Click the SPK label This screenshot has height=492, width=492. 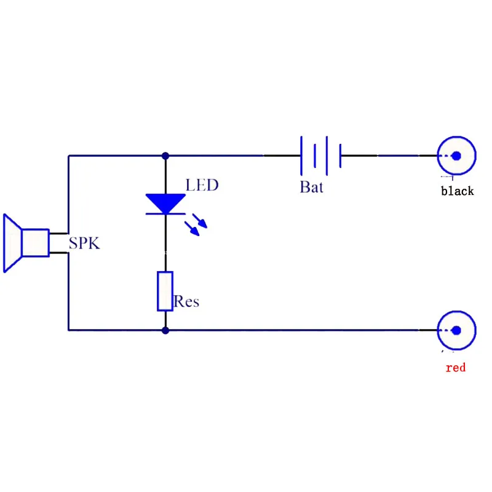[x=84, y=243]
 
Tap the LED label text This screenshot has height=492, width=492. [x=202, y=185]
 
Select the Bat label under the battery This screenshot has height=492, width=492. [x=311, y=187]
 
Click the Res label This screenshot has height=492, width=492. [x=186, y=301]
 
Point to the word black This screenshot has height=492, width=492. [x=457, y=191]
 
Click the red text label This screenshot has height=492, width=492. [x=456, y=367]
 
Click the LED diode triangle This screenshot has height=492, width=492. [x=165, y=204]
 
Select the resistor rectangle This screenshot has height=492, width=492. [x=165, y=291]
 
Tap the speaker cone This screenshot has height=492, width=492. [x=12, y=243]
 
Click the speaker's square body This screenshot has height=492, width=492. [x=36, y=243]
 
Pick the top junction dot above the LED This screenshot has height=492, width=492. [x=165, y=156]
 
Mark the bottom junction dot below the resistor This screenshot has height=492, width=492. [x=165, y=330]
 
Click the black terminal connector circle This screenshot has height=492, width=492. [x=456, y=138]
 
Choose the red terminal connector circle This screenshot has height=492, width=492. [x=456, y=312]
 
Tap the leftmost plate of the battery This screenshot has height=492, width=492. [x=301, y=156]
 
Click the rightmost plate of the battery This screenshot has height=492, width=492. [x=341, y=156]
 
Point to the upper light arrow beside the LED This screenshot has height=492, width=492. [x=200, y=221]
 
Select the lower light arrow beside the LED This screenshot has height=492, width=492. [x=192, y=229]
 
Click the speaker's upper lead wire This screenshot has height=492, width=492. [x=58, y=234]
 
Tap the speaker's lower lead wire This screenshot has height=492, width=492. [x=58, y=253]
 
